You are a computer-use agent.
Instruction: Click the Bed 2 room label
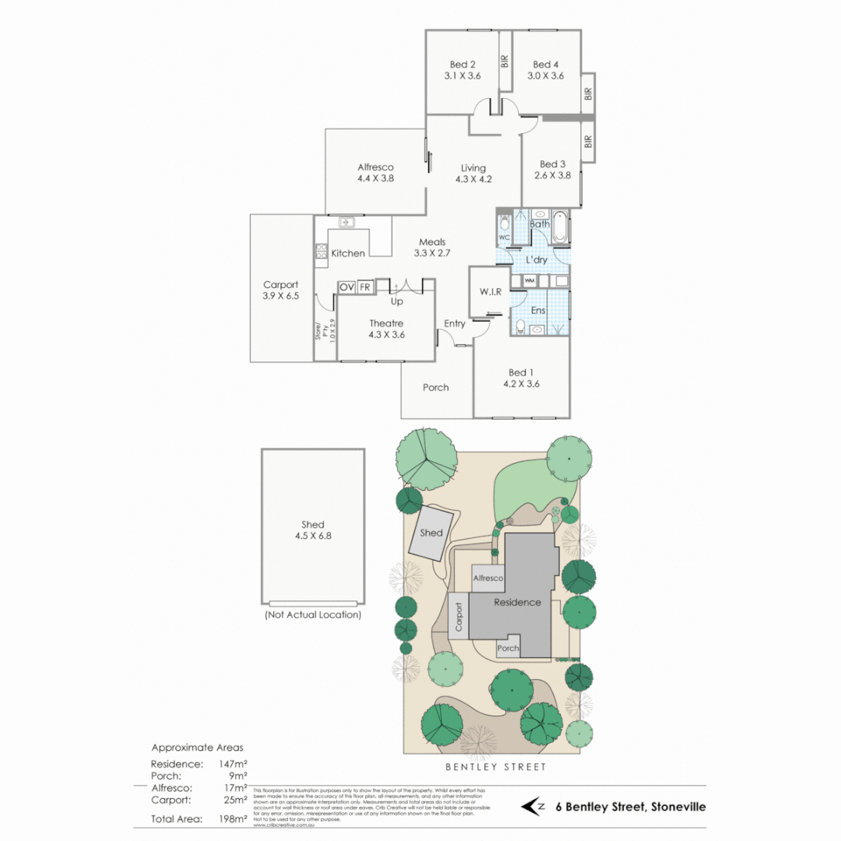click(463, 65)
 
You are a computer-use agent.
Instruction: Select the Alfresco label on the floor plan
click(375, 167)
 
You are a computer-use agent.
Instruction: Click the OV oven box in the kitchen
click(347, 287)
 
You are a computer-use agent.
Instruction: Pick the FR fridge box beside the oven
click(364, 287)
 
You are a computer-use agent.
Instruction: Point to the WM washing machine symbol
click(530, 280)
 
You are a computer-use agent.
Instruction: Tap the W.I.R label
click(490, 291)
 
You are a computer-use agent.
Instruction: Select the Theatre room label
click(385, 322)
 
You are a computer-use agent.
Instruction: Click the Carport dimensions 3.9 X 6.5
click(281, 297)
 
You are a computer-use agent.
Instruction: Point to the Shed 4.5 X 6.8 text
click(312, 536)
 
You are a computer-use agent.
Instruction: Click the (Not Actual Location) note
click(312, 614)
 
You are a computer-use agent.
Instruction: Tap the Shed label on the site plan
click(431, 533)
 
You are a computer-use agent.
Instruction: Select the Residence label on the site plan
click(517, 602)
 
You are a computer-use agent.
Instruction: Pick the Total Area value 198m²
click(233, 818)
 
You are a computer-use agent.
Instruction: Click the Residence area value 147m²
click(233, 764)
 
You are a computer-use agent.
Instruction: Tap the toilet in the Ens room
click(520, 325)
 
